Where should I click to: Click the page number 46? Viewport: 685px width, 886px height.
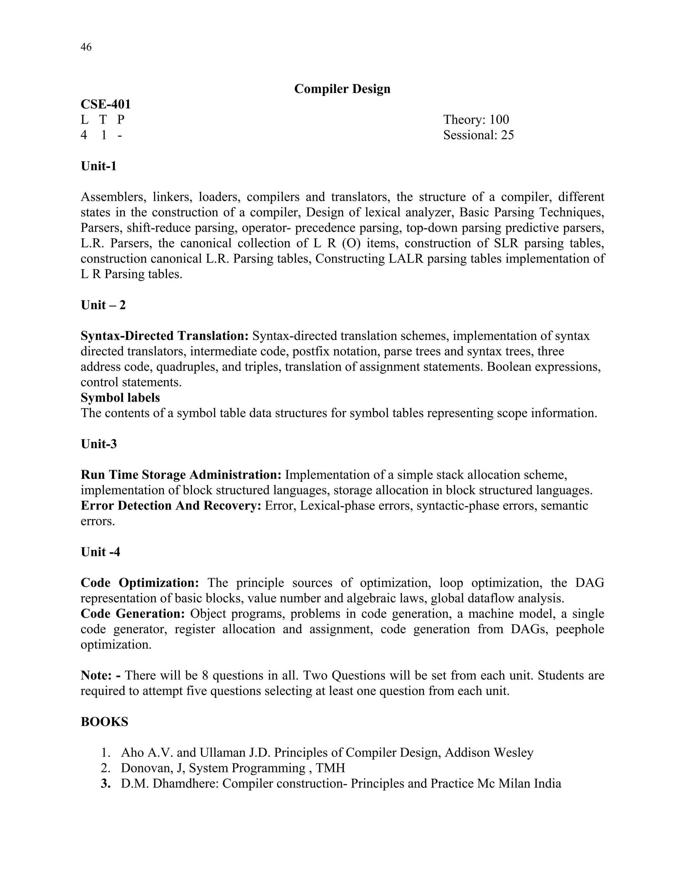(x=86, y=47)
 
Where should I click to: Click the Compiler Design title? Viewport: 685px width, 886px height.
(x=342, y=89)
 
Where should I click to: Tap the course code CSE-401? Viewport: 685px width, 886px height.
(x=105, y=104)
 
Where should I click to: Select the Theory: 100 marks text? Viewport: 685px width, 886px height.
(x=476, y=120)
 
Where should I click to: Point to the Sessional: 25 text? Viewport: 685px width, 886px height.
(x=478, y=135)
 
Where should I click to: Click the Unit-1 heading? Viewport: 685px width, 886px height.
(x=99, y=166)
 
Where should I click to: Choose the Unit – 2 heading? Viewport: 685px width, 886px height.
(x=103, y=305)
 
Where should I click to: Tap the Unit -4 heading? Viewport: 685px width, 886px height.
(x=100, y=552)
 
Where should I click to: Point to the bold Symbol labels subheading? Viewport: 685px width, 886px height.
(x=120, y=398)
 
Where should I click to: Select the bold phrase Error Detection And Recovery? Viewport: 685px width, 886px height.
(x=171, y=506)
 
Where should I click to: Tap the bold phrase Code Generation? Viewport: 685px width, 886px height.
(x=133, y=614)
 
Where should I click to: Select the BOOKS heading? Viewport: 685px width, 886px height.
(x=104, y=722)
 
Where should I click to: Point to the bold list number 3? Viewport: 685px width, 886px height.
(x=105, y=783)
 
